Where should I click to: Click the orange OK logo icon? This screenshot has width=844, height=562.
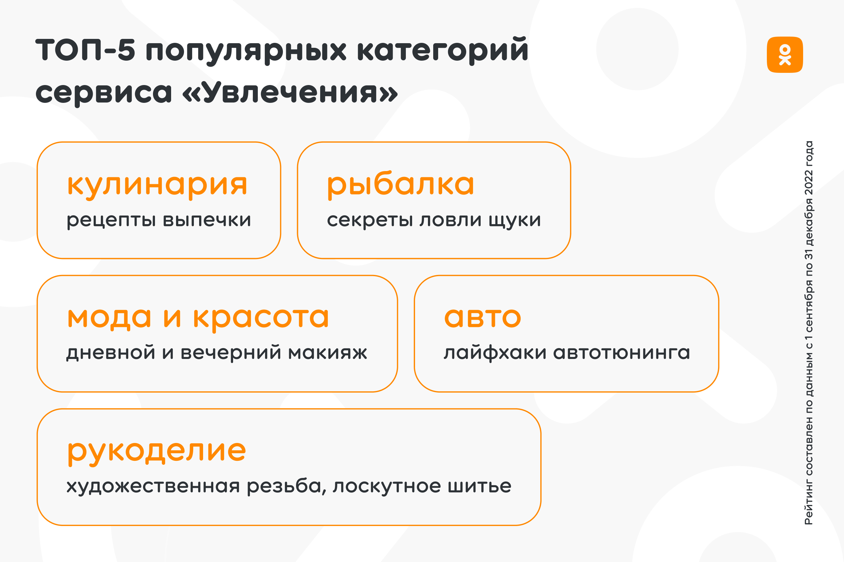[x=785, y=55]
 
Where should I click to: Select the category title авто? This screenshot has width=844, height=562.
[x=482, y=318]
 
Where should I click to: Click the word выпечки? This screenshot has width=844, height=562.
[x=207, y=220]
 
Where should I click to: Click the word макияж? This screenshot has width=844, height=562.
[x=328, y=353]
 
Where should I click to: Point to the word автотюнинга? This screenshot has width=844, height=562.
[x=621, y=353]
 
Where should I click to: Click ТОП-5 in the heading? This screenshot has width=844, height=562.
[x=85, y=49]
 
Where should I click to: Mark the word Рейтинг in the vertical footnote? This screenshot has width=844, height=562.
[x=809, y=506]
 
